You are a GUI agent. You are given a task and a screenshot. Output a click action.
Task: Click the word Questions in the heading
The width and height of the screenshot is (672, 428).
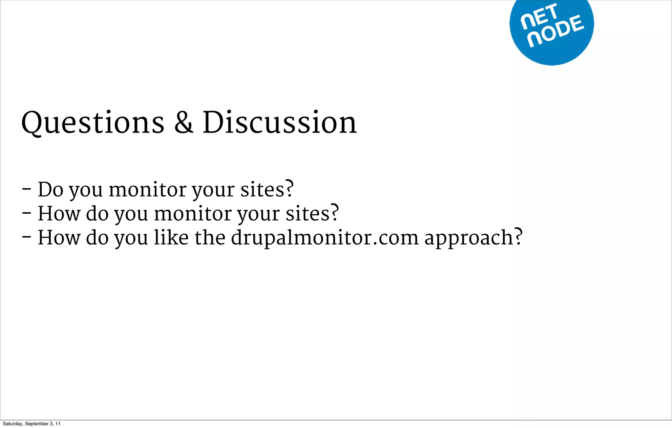click(x=93, y=123)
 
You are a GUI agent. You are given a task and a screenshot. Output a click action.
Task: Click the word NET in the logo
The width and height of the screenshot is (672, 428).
click(x=539, y=16)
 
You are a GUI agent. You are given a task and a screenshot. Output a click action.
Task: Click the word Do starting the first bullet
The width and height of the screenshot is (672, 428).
click(x=50, y=189)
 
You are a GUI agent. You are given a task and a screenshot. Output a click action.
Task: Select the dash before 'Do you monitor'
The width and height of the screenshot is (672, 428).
click(x=27, y=189)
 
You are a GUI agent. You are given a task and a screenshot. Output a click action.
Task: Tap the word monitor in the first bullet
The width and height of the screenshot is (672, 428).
click(x=147, y=189)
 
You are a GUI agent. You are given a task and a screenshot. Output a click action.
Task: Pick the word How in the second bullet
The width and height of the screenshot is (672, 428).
click(x=59, y=213)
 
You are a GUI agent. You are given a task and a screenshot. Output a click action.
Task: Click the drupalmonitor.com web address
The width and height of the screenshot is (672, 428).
click(x=325, y=238)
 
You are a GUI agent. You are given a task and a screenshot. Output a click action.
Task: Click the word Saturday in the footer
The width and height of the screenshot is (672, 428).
click(x=12, y=424)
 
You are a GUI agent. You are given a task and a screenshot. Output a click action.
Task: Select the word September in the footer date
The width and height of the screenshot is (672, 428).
click(x=37, y=424)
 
